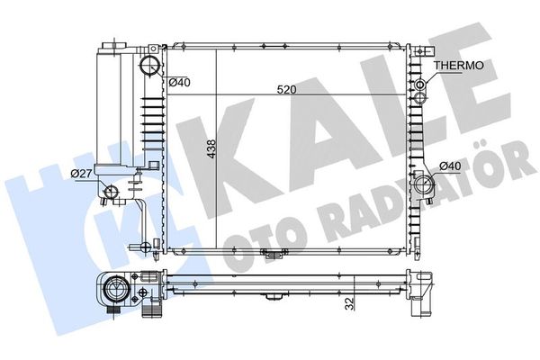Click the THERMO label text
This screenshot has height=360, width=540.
[x=458, y=65]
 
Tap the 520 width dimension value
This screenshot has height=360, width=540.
[x=286, y=90]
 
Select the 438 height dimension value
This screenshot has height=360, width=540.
[x=211, y=148]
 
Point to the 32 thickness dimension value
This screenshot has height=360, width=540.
[x=349, y=304]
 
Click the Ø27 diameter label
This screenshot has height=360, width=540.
[x=81, y=174]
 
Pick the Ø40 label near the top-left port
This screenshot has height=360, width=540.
[x=179, y=82]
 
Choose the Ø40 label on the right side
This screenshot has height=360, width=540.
[x=451, y=166]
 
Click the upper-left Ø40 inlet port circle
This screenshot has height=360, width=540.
[x=149, y=65]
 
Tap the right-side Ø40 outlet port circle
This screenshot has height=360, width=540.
[x=423, y=184]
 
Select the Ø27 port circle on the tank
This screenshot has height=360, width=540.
[x=112, y=192]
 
